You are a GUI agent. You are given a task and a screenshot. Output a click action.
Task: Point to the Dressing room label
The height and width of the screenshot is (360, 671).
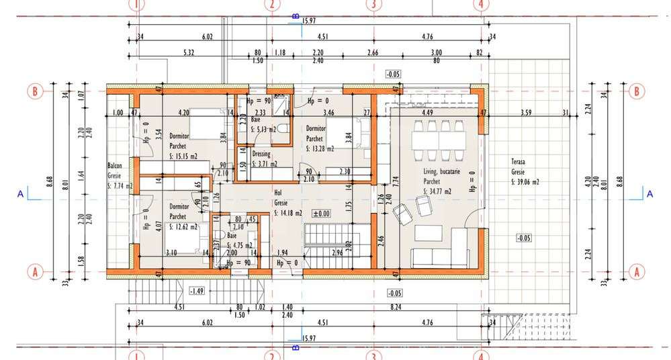(x=261, y=154)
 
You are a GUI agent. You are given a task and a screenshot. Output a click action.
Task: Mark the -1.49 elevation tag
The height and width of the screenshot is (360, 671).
(x=197, y=291)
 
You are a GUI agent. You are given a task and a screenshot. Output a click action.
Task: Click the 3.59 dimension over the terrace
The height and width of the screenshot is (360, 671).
(x=525, y=112)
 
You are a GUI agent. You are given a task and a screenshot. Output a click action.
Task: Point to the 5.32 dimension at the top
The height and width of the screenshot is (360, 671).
(x=189, y=52)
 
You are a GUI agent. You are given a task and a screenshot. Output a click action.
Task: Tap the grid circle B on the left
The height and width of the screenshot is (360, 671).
(x=35, y=91)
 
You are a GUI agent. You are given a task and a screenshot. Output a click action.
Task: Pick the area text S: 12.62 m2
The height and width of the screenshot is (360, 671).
(x=183, y=227)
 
